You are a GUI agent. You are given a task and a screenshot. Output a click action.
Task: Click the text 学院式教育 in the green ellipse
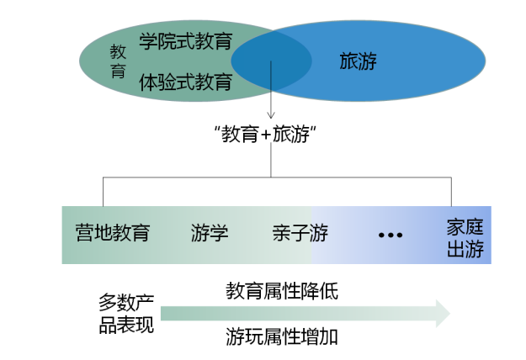tap(185, 41)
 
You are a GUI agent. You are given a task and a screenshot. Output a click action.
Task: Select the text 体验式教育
tap(185, 82)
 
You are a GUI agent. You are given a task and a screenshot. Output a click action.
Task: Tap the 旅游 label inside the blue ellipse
tap(358, 61)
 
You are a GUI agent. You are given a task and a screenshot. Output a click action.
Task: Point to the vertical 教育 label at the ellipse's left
tap(118, 61)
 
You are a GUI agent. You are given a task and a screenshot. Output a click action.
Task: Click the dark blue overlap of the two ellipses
tap(271, 61)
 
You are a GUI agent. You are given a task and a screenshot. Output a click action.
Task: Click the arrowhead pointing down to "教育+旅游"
tap(271, 115)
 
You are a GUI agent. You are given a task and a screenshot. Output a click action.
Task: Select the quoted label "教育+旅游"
tap(265, 134)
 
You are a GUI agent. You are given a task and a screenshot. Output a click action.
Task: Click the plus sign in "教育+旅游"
tap(265, 135)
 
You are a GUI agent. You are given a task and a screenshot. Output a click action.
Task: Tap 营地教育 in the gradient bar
tap(113, 233)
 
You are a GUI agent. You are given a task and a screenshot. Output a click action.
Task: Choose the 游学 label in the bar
tap(210, 233)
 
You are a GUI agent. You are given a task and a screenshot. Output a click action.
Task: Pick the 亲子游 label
tap(300, 233)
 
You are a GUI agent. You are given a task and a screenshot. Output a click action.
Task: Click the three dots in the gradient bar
tap(391, 235)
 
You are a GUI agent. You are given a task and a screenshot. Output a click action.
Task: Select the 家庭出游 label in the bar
tap(465, 238)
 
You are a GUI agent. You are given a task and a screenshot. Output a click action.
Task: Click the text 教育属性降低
tap(282, 291)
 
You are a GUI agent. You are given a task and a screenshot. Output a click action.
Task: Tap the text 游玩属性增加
tap(282, 336)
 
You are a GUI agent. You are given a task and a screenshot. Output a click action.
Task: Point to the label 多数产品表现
tap(126, 314)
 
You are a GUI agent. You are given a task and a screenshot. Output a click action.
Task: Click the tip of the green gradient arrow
tap(449, 314)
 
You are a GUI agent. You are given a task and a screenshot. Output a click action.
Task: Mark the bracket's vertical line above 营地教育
tap(103, 192)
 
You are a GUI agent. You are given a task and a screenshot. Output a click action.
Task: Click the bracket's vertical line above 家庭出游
tap(451, 192)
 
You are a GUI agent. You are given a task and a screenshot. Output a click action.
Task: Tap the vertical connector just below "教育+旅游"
tap(271, 160)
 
